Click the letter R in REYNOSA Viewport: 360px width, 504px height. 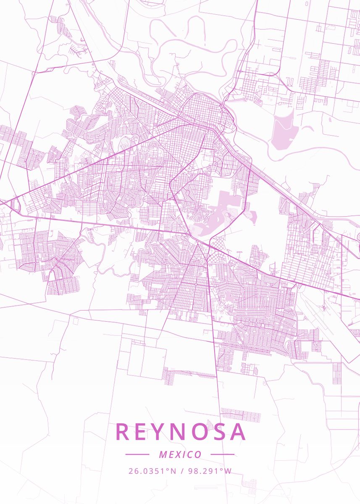coord(122,432)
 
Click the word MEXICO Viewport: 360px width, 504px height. coord(180,454)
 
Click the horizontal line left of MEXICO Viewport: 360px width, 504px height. coord(137,454)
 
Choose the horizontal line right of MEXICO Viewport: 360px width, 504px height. coord(222,454)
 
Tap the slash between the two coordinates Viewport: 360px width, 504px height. coord(181,471)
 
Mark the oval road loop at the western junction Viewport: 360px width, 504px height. coord(17,206)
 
